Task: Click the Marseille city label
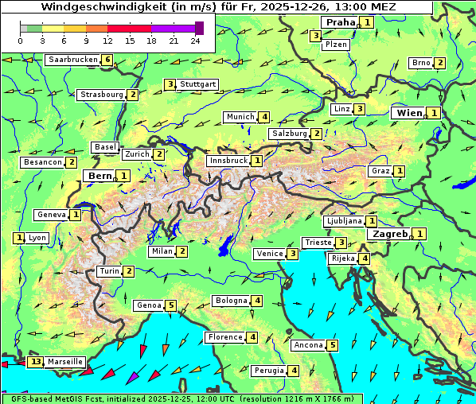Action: click(64, 362)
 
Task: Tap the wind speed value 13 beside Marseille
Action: click(36, 362)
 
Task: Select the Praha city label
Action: click(341, 22)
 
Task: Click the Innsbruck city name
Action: click(228, 161)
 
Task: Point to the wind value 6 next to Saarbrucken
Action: click(107, 60)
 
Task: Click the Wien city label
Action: click(409, 113)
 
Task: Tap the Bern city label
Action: click(100, 176)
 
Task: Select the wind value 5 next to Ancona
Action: click(332, 345)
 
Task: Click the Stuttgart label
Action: click(198, 84)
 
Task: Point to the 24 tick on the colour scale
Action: click(195, 41)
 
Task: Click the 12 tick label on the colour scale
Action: click(107, 41)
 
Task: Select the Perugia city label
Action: click(269, 371)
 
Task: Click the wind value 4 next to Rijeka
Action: click(364, 258)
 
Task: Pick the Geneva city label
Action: click(51, 215)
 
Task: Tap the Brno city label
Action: click(420, 63)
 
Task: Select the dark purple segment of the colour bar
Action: click(199, 28)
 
